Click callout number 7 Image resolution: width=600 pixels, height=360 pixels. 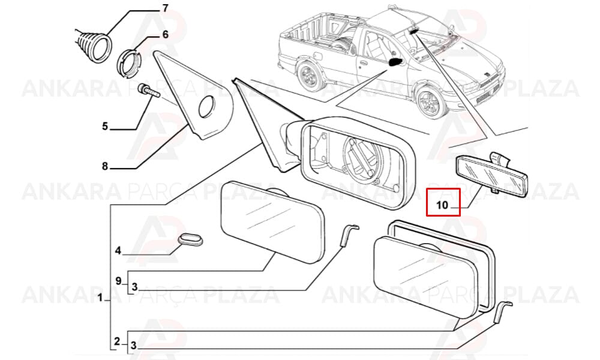point(165,8)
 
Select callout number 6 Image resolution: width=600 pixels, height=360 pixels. point(165,34)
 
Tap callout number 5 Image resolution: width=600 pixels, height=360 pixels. point(105,126)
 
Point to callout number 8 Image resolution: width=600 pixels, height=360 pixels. point(105,166)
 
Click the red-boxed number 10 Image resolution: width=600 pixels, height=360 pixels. point(442,205)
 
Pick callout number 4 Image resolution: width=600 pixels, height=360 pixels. point(118,251)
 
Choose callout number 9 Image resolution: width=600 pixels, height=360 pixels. point(118,281)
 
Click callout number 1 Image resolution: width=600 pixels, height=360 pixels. point(100,297)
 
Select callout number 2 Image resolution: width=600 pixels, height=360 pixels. point(117,341)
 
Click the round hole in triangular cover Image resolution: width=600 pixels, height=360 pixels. point(207,106)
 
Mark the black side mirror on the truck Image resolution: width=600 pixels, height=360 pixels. point(395,62)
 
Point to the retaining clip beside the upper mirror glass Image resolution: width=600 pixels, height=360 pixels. point(349,235)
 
